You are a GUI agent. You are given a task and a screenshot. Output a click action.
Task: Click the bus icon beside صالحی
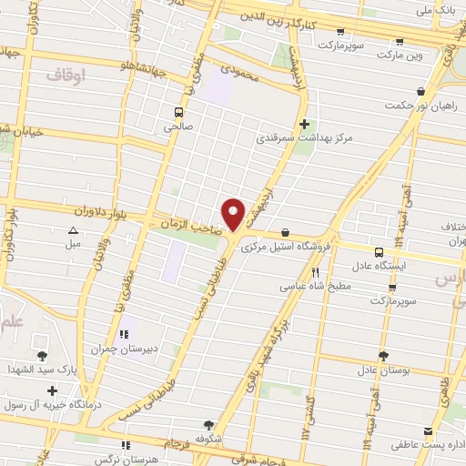[178, 113]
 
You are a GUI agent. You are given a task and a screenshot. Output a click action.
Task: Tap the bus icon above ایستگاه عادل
[378, 252]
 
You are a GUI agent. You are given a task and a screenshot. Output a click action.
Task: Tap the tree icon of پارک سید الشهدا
[40, 354]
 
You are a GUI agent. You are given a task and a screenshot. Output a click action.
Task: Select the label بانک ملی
[434, 13]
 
